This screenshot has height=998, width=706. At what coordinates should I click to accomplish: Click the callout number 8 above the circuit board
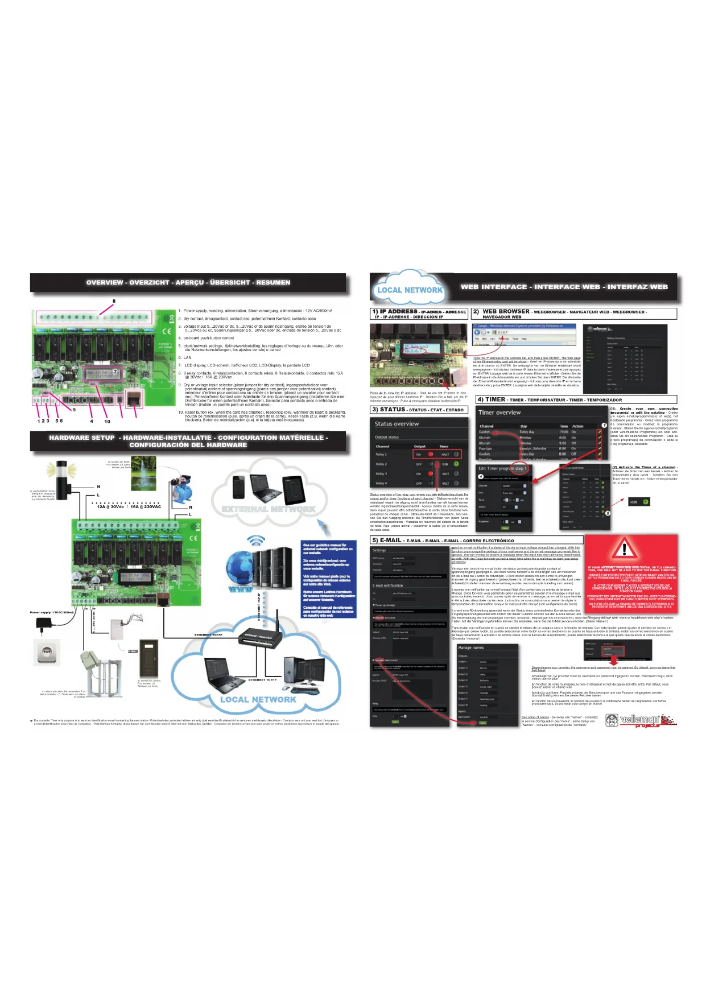pos(114,301)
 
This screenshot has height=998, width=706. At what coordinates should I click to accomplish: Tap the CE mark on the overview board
pos(167,331)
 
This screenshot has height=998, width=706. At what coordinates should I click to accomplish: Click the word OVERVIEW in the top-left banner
pos(105,282)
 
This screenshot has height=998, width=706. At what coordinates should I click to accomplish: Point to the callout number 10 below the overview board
pos(107,422)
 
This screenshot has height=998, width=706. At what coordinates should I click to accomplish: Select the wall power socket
pos(48,652)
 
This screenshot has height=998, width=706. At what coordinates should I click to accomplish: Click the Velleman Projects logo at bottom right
pos(641,720)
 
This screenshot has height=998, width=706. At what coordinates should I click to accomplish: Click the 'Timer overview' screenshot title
pos(499,413)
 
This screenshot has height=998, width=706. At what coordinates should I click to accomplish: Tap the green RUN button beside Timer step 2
pos(638,502)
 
